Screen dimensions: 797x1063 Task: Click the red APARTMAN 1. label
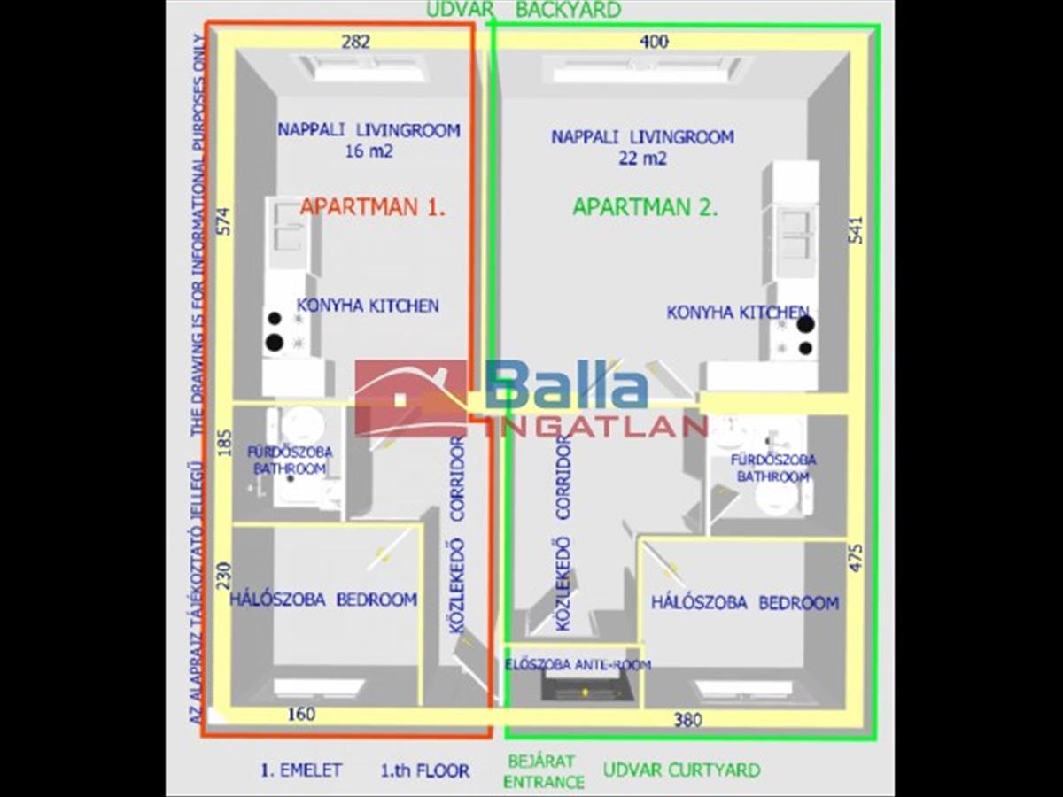372,207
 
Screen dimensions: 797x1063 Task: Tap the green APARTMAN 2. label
644,207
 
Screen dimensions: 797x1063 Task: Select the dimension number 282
355,41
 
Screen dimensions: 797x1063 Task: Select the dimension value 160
301,714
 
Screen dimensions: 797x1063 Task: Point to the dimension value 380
687,720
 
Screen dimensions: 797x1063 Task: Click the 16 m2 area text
369,151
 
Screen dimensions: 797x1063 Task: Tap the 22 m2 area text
643,159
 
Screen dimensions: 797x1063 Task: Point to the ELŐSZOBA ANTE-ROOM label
578,664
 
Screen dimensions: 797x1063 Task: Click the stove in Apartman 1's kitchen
283,331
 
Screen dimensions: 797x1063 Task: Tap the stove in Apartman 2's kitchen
795,336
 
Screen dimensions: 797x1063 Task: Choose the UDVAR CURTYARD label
681,770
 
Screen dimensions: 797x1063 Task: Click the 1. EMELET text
301,770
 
